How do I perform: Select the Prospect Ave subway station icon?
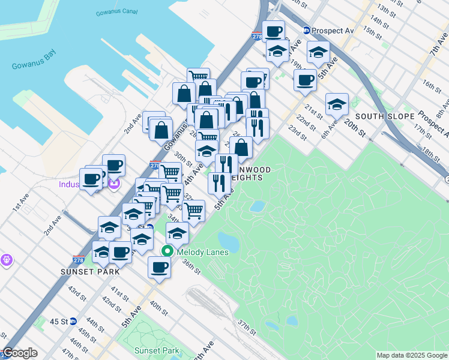[306, 31]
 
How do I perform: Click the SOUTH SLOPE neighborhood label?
[385, 116]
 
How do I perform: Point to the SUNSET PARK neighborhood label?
[90, 271]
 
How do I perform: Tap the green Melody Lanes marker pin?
[169, 252]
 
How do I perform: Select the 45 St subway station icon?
[73, 321]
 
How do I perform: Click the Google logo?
[20, 353]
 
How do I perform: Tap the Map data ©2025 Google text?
[411, 355]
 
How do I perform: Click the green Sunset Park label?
[156, 350]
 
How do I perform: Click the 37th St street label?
[247, 328]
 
